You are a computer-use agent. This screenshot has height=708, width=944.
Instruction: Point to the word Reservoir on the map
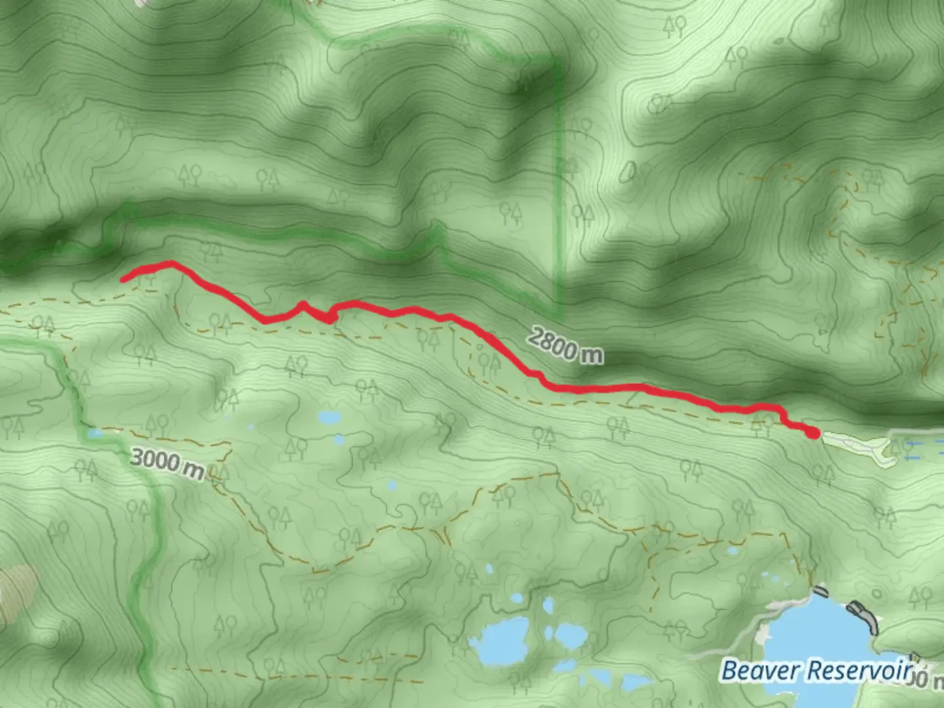pos(859,671)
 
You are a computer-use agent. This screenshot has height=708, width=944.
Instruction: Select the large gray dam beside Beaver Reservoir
pos(863,616)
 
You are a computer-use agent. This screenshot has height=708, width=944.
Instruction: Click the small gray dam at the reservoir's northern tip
pos(819,591)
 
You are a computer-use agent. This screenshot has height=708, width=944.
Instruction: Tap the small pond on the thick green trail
pos(96,433)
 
